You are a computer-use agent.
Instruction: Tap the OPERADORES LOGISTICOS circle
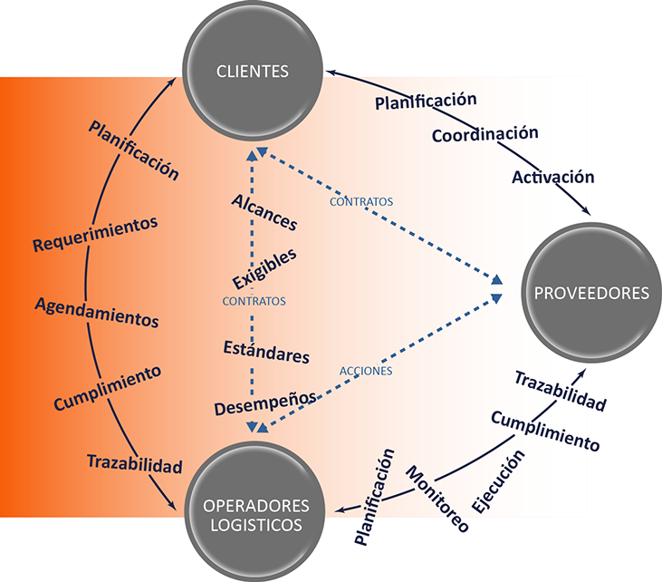click(x=256, y=514)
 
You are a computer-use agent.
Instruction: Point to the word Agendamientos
click(x=97, y=311)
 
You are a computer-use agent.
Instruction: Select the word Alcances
click(x=264, y=210)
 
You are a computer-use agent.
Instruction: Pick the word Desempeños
click(x=265, y=403)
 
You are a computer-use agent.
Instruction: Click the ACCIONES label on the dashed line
click(x=366, y=371)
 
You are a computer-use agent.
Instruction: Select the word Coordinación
click(x=485, y=134)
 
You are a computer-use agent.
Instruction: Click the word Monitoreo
click(x=437, y=498)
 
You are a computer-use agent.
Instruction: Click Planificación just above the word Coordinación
click(x=426, y=101)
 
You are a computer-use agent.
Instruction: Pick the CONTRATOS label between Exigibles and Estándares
click(x=254, y=300)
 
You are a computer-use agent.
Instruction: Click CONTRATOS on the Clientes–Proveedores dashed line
click(x=361, y=201)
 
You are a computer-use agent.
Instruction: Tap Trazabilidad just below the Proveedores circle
click(x=560, y=391)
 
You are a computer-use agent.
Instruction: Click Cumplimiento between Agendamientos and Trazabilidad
click(x=107, y=388)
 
